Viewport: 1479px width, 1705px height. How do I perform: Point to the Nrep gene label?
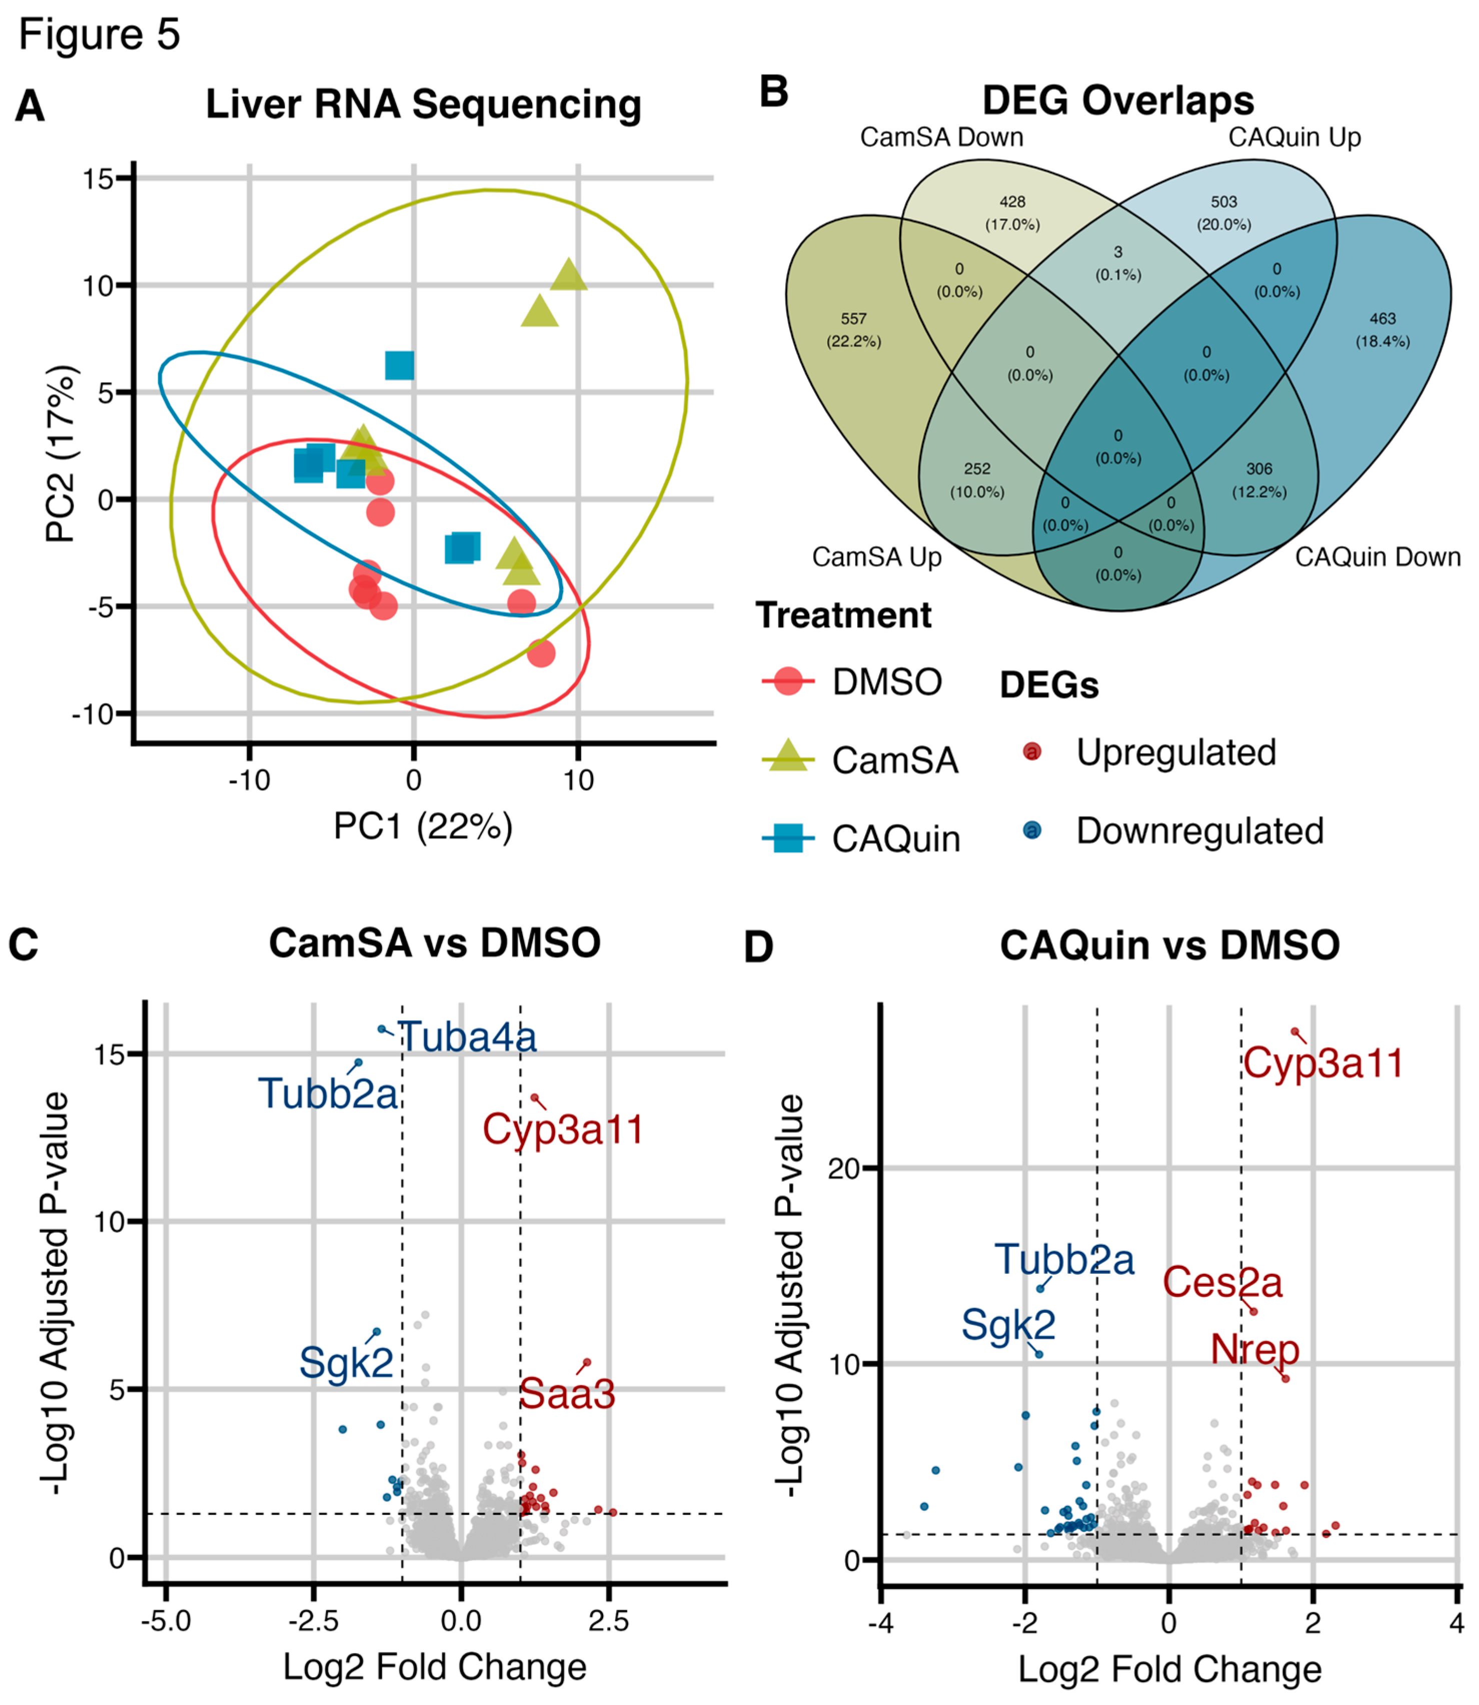[1254, 1349]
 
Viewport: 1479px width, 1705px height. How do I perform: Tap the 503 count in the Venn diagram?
[1224, 202]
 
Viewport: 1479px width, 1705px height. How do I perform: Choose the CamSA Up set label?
[876, 557]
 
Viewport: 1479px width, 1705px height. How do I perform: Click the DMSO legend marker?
[788, 681]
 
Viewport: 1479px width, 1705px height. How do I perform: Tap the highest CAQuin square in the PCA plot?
[400, 365]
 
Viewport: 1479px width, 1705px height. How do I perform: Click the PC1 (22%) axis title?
[423, 825]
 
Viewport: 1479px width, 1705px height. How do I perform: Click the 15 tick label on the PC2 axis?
[98, 178]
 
